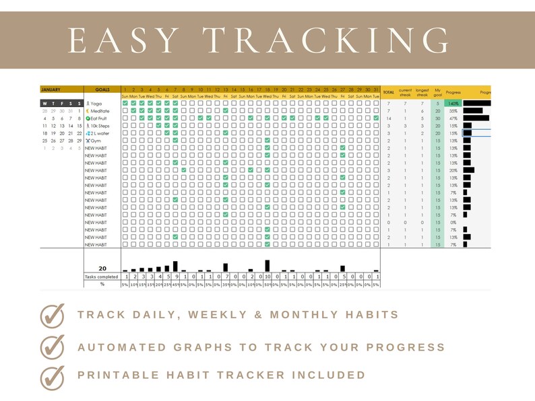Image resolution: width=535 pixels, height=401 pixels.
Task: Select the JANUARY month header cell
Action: (x=51, y=89)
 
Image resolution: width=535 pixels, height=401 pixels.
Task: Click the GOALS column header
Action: (x=102, y=89)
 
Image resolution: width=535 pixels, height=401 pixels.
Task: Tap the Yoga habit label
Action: (x=96, y=103)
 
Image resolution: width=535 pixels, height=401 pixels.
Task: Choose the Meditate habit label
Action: (x=99, y=110)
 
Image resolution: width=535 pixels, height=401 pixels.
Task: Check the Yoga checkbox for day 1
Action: (x=125, y=103)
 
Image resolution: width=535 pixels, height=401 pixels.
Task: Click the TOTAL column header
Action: (x=389, y=92)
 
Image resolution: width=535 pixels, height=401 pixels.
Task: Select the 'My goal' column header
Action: (x=438, y=92)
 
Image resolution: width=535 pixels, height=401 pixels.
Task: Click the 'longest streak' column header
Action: (x=422, y=92)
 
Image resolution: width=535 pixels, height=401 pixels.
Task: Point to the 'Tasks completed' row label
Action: (x=102, y=277)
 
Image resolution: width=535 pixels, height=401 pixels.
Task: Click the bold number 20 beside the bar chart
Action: (x=103, y=268)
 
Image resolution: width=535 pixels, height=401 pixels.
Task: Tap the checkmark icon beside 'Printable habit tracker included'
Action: (x=52, y=375)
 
